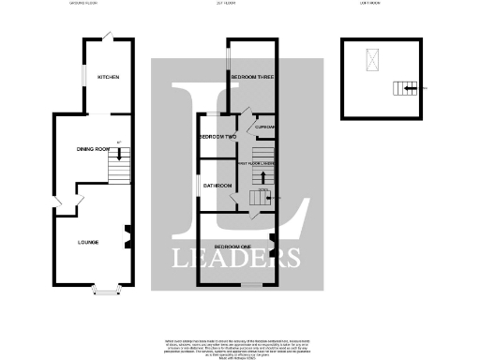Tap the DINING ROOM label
[94, 148]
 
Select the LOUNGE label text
[88, 243]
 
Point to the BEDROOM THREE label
[250, 77]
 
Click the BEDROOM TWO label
[215, 137]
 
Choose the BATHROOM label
[217, 186]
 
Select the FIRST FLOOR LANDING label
[262, 161]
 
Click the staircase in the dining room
[118, 169]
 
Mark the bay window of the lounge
[106, 291]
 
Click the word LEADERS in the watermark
[234, 257]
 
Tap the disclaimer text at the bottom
[241, 345]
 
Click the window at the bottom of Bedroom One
[252, 282]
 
